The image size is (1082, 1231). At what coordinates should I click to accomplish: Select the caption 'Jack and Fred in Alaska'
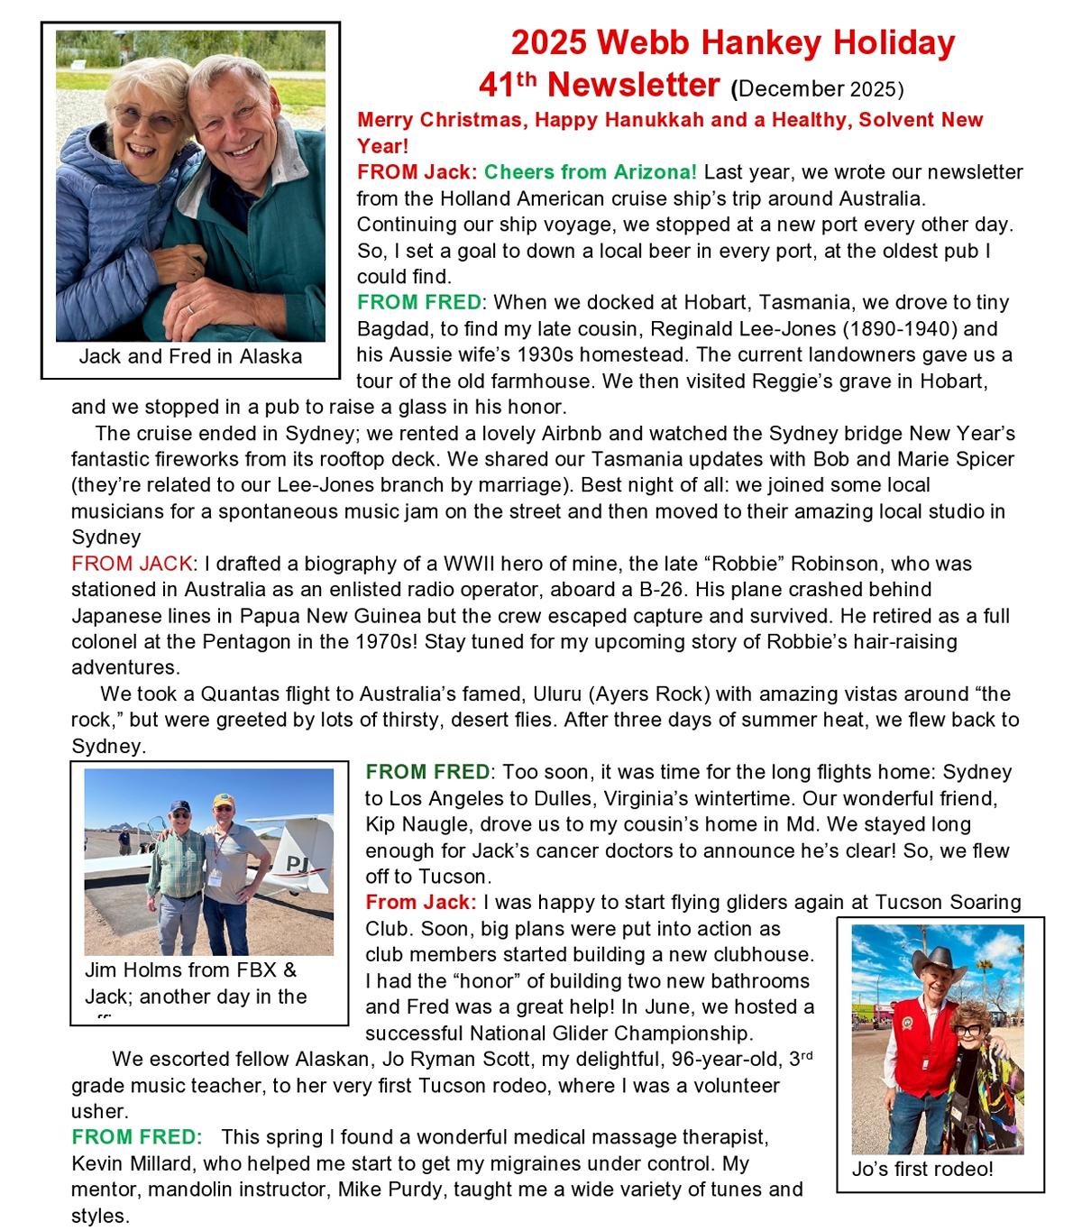190,356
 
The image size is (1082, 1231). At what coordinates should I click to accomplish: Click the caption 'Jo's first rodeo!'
922,1170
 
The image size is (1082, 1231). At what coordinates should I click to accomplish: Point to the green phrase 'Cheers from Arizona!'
591,171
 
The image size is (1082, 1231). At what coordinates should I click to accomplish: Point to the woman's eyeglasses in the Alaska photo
142,118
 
